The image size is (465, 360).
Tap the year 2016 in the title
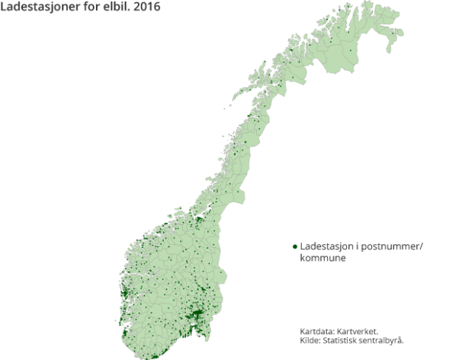click(152, 8)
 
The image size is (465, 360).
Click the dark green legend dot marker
click(295, 247)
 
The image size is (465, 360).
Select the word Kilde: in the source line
click(312, 340)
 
